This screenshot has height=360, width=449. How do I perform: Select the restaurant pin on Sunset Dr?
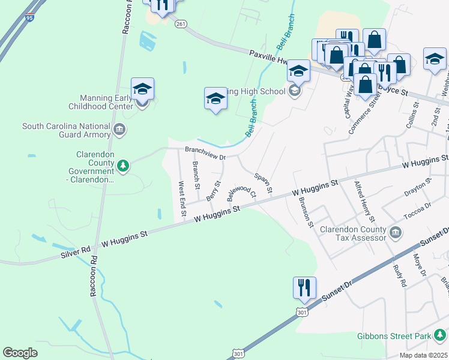(305, 288)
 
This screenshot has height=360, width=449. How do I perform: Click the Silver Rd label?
(75, 251)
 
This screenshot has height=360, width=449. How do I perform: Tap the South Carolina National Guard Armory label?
(67, 130)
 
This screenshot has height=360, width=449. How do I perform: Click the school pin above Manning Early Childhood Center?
(143, 89)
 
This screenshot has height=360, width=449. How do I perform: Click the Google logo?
(20, 353)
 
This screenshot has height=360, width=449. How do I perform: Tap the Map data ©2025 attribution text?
(423, 355)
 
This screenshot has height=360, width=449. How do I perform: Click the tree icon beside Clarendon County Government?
(122, 165)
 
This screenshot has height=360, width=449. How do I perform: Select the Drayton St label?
(418, 188)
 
